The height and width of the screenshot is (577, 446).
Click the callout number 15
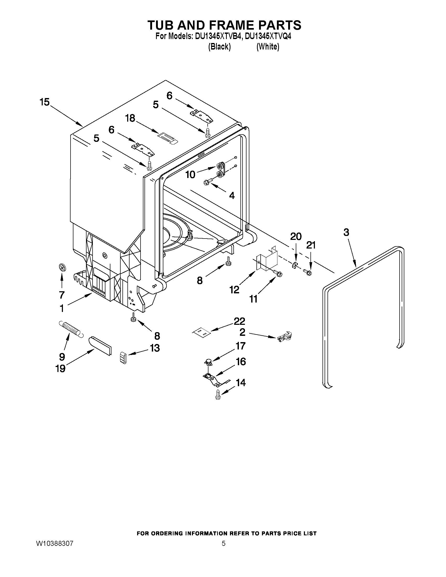click(45, 102)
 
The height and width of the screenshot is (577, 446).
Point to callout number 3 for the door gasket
click(346, 233)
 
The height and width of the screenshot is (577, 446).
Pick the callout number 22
click(239, 321)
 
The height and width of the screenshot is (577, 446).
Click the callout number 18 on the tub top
click(130, 118)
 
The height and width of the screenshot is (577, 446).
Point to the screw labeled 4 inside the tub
click(208, 182)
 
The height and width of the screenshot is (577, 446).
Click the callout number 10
click(190, 174)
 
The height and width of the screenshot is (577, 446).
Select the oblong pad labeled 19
click(100, 346)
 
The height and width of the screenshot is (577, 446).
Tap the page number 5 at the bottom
click(223, 543)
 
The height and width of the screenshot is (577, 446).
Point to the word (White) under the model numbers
click(268, 47)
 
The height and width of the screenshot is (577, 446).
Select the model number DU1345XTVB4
click(218, 36)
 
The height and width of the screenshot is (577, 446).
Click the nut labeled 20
click(295, 265)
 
